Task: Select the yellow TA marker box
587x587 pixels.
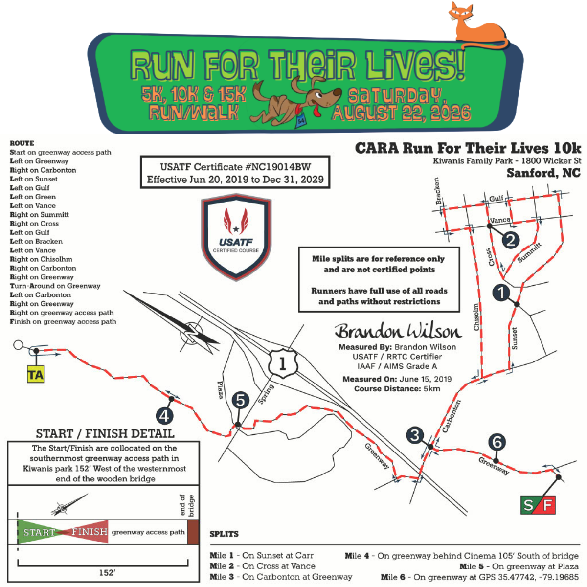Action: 36,374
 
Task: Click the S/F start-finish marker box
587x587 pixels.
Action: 538,505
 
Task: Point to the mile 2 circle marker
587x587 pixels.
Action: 511,240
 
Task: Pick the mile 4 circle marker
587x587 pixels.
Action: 164,416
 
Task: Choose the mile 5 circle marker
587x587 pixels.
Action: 240,400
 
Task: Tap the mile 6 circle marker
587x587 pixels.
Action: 497,442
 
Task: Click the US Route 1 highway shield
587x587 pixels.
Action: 283,363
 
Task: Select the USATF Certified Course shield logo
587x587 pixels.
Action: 236,237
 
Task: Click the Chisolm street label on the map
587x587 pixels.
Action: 476,317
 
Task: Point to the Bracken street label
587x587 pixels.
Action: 437,191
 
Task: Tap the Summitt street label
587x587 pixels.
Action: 529,252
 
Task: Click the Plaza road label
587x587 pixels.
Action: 220,390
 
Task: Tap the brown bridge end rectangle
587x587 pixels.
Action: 193,532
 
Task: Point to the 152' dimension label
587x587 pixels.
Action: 107,573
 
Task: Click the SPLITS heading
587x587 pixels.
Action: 224,534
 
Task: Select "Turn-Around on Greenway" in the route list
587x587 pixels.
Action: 55,286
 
